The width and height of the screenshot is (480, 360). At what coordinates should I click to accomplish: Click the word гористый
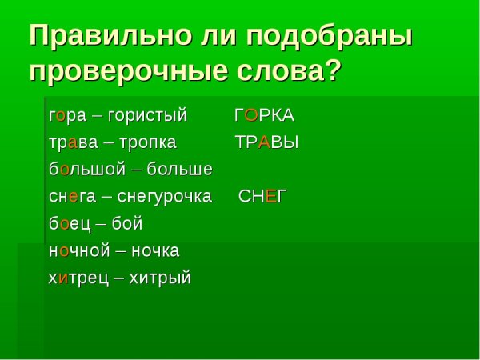(x=153, y=115)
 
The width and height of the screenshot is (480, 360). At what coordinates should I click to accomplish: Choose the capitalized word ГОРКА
(x=264, y=115)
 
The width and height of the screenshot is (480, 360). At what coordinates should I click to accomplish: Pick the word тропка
(x=148, y=142)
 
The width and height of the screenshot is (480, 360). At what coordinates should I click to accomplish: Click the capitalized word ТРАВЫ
(x=266, y=142)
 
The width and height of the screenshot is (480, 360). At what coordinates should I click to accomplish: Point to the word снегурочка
(x=165, y=197)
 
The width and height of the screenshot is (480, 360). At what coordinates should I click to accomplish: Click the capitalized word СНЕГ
(x=262, y=197)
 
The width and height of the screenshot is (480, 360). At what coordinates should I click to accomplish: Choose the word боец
(x=68, y=224)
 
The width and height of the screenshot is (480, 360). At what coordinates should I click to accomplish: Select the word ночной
(x=78, y=251)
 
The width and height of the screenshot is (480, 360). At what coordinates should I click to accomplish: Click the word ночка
(x=156, y=251)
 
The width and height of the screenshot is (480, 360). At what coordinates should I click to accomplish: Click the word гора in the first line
(x=67, y=115)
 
